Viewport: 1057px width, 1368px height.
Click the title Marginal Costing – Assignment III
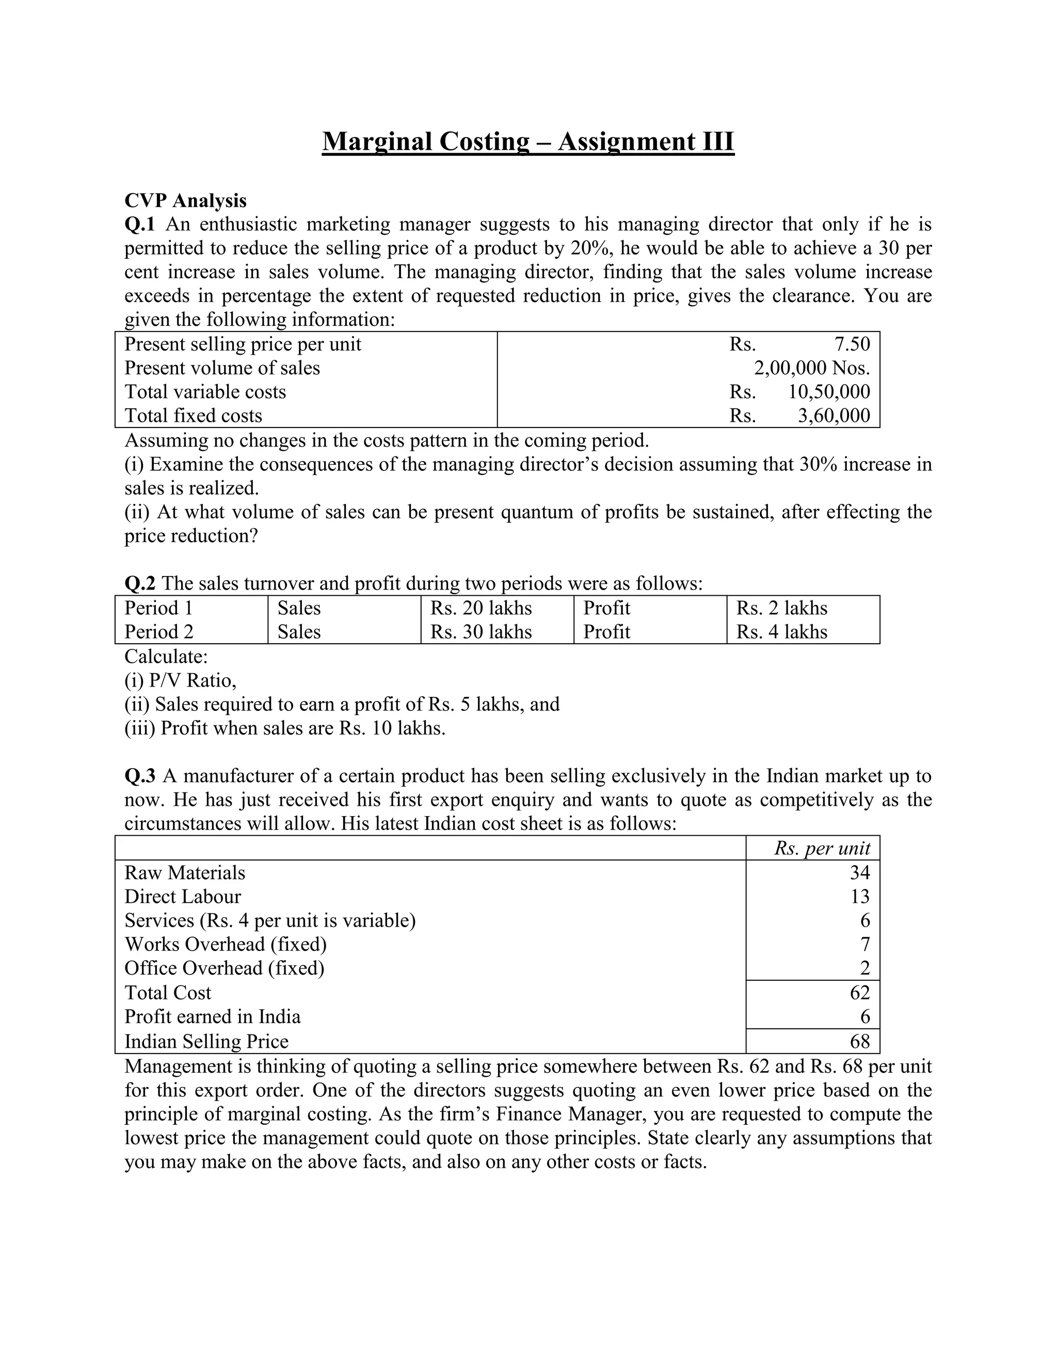click(x=528, y=141)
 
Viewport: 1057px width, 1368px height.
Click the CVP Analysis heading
click(x=185, y=200)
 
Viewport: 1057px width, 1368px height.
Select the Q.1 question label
click(x=139, y=224)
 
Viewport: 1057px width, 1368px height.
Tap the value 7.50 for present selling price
click(x=852, y=344)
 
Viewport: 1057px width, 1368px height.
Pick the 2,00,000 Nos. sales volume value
click(x=811, y=368)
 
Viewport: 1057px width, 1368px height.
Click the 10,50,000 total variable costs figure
click(x=828, y=391)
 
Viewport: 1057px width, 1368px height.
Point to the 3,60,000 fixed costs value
click(x=834, y=415)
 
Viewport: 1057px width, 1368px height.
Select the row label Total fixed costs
click(x=193, y=415)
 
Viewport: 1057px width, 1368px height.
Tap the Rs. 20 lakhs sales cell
click(x=481, y=608)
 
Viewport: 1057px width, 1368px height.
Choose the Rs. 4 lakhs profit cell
click(x=781, y=632)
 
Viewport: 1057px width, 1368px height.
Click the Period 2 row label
click(x=158, y=632)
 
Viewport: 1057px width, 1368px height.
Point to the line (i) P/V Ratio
click(x=180, y=680)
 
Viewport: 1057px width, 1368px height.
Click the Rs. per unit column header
click(x=822, y=848)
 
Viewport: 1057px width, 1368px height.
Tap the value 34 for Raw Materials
click(x=860, y=872)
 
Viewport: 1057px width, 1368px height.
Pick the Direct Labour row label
click(x=182, y=896)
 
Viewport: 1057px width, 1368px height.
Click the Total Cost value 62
click(x=860, y=992)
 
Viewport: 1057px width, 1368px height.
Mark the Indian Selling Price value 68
click(x=860, y=1041)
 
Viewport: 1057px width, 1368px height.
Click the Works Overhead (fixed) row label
click(x=226, y=944)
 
